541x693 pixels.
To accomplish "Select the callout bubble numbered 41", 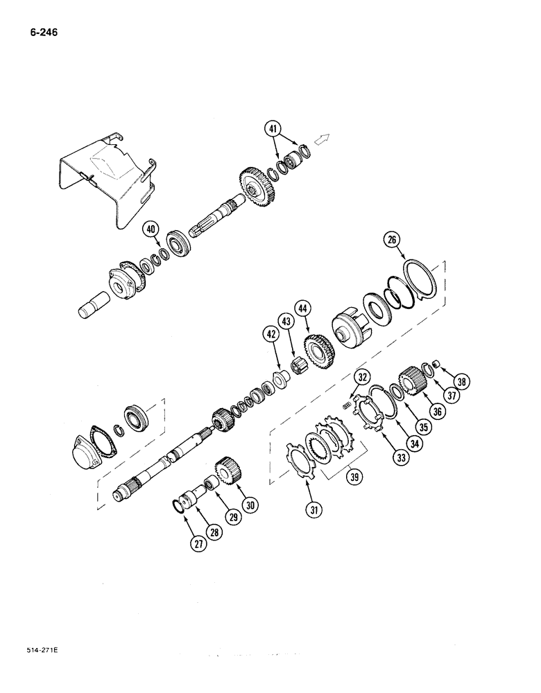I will tap(274, 128).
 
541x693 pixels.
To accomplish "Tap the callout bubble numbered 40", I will tap(151, 230).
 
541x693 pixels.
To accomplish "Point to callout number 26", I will tap(392, 241).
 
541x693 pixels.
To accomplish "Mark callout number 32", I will tap(362, 378).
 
